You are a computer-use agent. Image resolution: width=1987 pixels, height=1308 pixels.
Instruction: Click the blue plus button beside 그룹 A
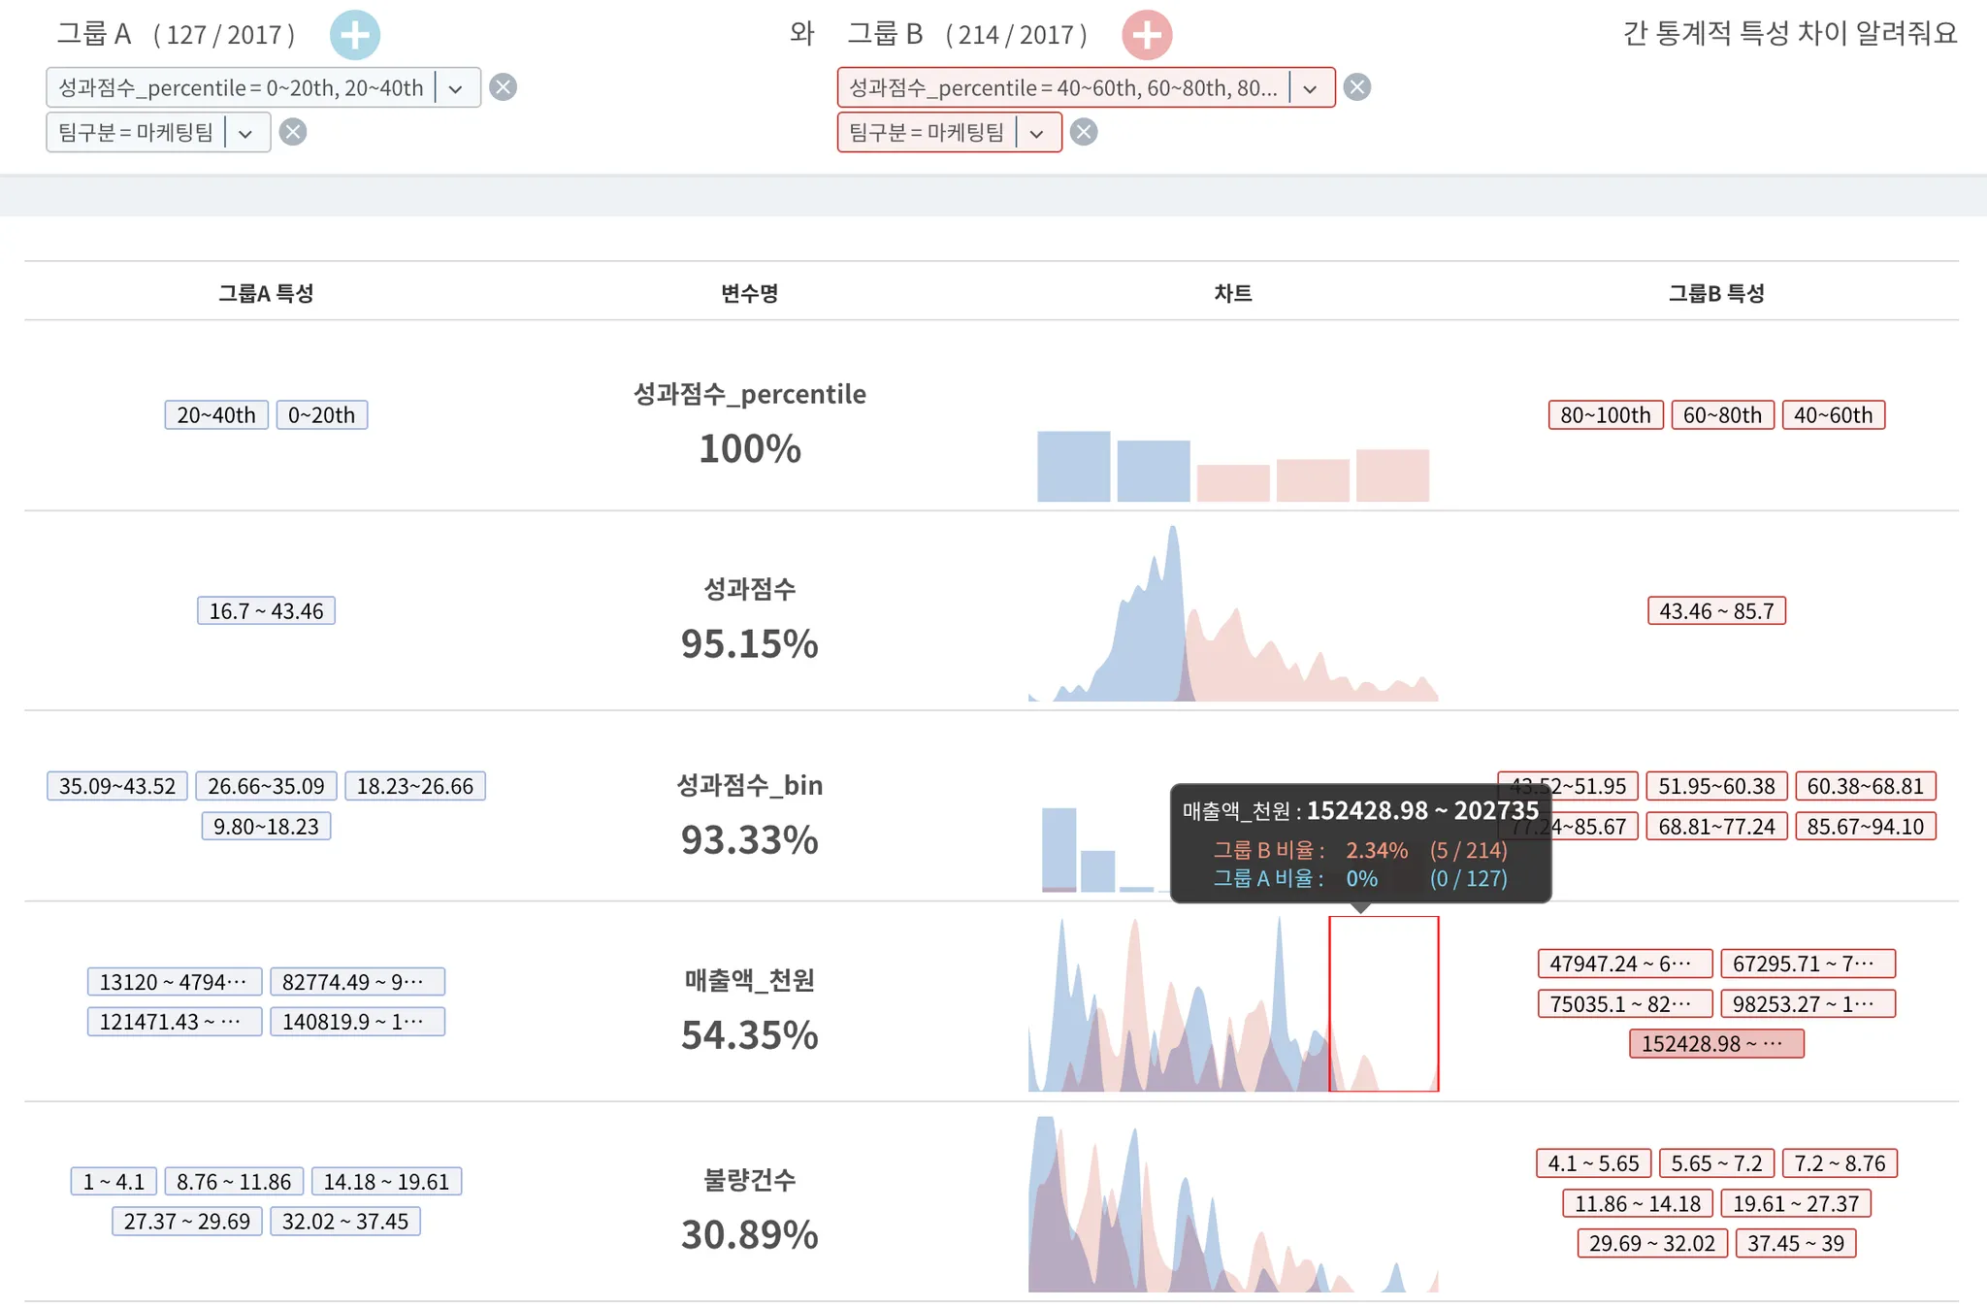[x=354, y=36]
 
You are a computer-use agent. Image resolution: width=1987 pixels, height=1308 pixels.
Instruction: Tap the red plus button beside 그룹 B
[x=1147, y=36]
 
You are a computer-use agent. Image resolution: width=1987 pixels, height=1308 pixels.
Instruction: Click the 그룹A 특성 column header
[x=266, y=293]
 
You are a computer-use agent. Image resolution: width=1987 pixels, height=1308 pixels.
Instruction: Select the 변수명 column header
[x=749, y=293]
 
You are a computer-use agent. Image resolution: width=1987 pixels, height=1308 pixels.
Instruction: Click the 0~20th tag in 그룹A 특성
[x=321, y=415]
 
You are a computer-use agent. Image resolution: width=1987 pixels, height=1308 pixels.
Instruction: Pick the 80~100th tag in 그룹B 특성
[x=1605, y=415]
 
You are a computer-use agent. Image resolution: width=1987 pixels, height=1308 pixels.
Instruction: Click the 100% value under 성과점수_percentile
[x=749, y=449]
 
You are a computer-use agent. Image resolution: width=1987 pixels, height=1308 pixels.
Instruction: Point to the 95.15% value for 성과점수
[x=749, y=644]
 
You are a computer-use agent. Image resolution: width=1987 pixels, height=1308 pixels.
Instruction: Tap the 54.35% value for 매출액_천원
[x=749, y=1035]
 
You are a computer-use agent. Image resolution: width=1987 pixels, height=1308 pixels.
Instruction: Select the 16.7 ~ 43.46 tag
[x=266, y=611]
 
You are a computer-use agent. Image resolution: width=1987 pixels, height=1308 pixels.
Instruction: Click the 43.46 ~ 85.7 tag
[x=1715, y=611]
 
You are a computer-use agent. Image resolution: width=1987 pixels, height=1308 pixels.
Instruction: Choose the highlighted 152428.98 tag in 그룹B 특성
[x=1715, y=1044]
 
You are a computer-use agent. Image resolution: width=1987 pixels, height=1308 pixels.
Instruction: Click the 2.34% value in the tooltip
[x=1376, y=851]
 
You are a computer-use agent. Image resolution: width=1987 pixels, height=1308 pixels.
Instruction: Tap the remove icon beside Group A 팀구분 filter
[x=293, y=132]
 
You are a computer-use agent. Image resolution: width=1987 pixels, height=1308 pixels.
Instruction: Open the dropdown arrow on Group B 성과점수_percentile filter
[x=1310, y=88]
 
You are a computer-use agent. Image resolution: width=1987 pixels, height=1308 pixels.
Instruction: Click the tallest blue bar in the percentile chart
[x=1073, y=467]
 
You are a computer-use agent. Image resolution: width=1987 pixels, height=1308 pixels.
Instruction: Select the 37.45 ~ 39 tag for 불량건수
[x=1795, y=1244]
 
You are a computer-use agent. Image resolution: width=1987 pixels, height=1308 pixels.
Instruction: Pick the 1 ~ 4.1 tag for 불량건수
[x=114, y=1182]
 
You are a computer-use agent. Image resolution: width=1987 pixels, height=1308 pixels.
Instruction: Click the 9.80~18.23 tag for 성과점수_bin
[x=266, y=827]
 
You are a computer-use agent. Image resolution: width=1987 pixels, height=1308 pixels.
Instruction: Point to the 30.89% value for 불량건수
[x=749, y=1235]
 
